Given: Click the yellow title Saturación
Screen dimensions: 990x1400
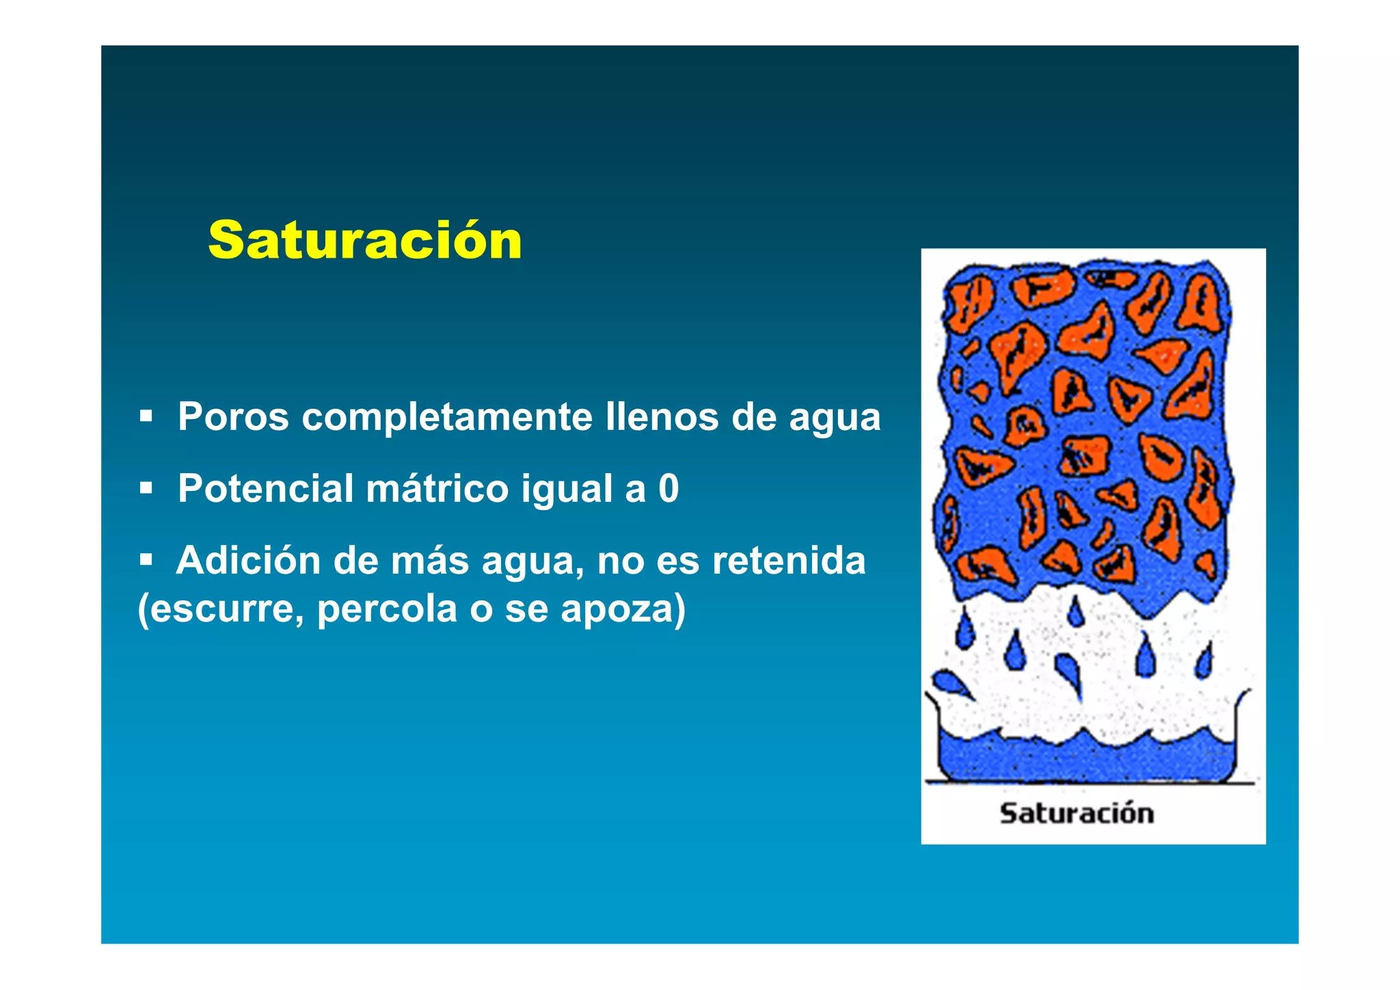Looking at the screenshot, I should click(365, 241).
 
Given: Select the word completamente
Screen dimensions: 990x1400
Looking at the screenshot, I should click(447, 418).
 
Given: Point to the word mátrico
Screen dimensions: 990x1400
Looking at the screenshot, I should click(437, 489).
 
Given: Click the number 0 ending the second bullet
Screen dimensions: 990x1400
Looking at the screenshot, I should click(668, 489).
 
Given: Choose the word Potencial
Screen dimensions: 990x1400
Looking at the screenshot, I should click(265, 489).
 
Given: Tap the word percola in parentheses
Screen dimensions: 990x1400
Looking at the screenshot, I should click(386, 608).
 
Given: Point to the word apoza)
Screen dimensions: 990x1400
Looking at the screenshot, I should click(623, 608).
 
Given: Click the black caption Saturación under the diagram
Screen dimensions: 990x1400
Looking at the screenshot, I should click(1076, 814).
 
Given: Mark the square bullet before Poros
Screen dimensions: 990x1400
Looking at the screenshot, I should click(146, 416).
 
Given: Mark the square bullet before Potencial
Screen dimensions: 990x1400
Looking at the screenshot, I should click(146, 488).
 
